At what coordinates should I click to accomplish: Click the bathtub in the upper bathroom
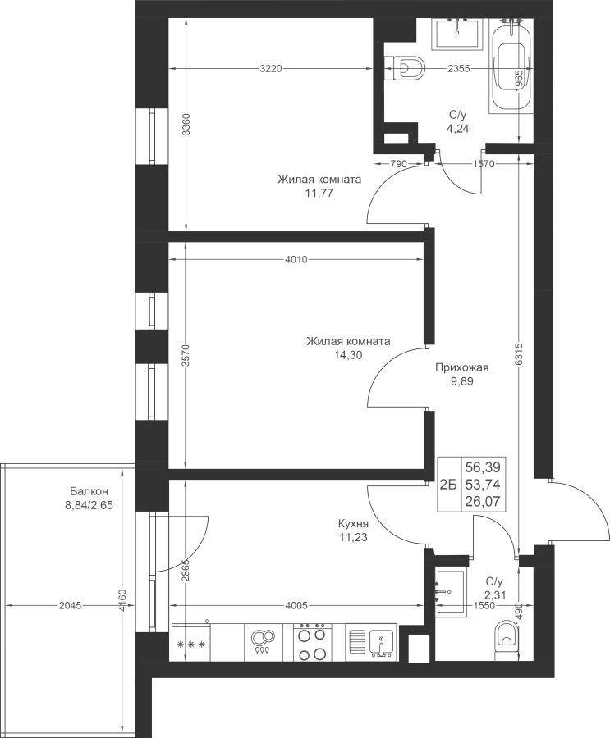tap(511, 66)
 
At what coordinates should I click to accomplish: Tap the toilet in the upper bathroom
tap(405, 69)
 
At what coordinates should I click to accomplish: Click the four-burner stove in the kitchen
tap(313, 641)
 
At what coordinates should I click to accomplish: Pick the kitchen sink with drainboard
tap(371, 642)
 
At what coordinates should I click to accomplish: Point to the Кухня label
tap(353, 524)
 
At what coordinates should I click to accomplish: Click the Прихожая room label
tap(462, 367)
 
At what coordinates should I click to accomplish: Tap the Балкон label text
tap(89, 492)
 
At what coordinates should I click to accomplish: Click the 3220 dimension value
tap(271, 69)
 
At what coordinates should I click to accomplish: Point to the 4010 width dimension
tap(296, 259)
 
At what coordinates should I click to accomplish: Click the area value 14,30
tap(348, 355)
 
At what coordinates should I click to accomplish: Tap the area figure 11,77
tap(319, 193)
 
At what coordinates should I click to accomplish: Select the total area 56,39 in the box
tap(483, 467)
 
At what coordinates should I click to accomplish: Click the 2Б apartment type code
tap(448, 485)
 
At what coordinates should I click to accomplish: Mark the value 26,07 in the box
tap(483, 501)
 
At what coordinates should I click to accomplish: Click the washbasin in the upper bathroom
tap(458, 34)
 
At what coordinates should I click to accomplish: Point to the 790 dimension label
tap(398, 164)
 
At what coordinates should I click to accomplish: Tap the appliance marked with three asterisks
tap(191, 642)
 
